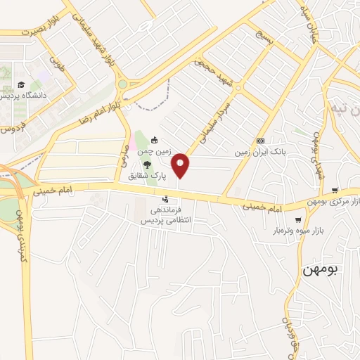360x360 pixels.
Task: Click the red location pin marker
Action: [182, 165]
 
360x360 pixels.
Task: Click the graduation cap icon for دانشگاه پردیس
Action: [21, 84]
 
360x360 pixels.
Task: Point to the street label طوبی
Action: [57, 67]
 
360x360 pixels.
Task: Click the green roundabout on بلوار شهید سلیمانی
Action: [123, 84]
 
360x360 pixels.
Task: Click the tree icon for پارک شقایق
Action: [147, 164]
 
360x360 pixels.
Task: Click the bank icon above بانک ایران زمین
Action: [260, 141]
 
